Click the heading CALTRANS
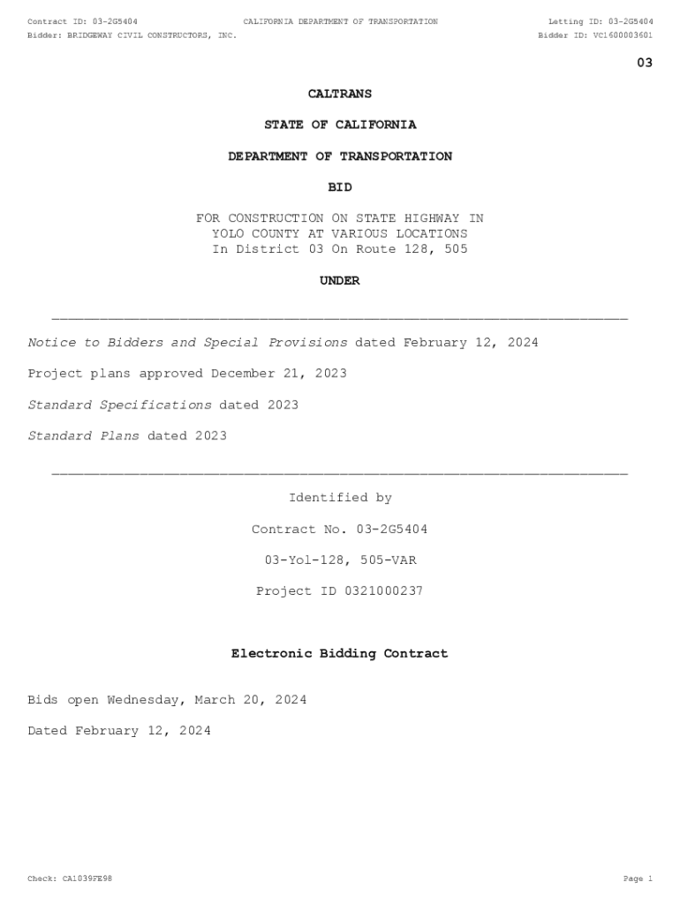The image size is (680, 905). (x=339, y=94)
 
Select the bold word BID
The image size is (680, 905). (x=339, y=187)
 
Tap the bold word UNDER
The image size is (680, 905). (x=339, y=281)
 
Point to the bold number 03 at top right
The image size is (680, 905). (x=645, y=63)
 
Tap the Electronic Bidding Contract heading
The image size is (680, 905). (x=339, y=654)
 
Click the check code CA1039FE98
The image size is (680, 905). (x=87, y=878)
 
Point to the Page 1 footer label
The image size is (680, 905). (x=638, y=878)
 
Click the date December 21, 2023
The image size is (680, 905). (x=279, y=374)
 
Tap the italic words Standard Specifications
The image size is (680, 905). (x=119, y=405)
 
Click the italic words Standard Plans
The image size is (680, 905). (x=83, y=436)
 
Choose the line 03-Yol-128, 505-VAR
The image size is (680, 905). (x=340, y=560)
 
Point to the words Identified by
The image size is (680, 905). (x=340, y=498)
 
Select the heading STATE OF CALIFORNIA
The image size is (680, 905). (x=340, y=125)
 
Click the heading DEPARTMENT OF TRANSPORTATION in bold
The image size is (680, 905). (x=340, y=156)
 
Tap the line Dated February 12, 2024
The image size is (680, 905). (x=119, y=731)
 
